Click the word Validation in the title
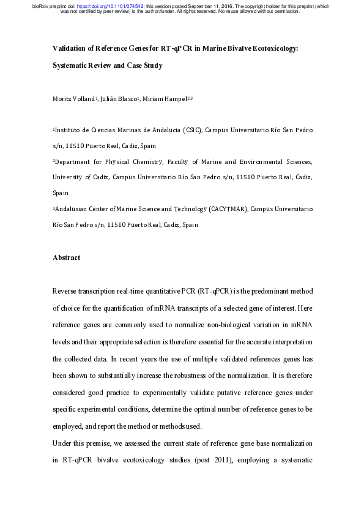pos(69,48)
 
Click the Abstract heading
pos(66,257)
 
